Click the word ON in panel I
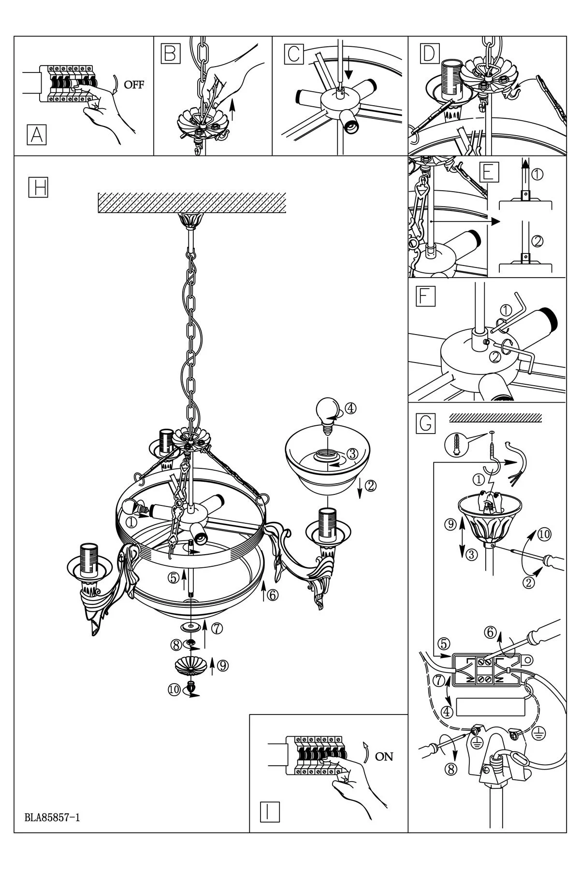384,757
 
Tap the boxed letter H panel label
38,187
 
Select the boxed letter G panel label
425,423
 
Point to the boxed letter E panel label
487,172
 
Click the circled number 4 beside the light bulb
351,408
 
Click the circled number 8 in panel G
451,770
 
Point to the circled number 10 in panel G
544,534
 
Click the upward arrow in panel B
233,107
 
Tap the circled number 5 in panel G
444,643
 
